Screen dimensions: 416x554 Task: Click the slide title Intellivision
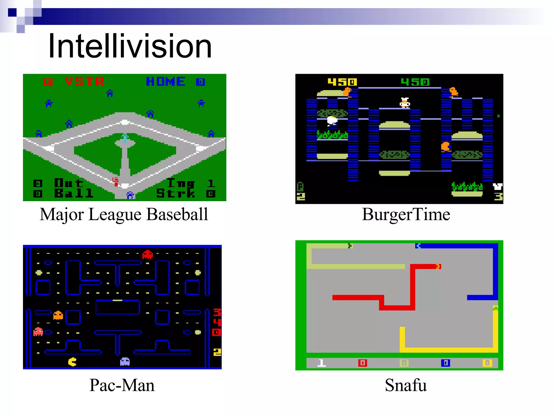tap(130, 46)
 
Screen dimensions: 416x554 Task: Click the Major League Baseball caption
tap(124, 214)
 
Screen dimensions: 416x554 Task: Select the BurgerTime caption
tap(406, 214)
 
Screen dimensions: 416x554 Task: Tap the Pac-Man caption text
tap(122, 385)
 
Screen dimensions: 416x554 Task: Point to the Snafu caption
tap(406, 385)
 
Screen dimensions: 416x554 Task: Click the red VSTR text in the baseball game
tap(84, 82)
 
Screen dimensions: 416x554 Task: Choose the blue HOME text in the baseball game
tap(166, 82)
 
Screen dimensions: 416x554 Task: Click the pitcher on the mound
tap(125, 138)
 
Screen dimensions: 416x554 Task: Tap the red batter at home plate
tap(116, 182)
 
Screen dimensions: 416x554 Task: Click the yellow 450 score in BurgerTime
tap(342, 82)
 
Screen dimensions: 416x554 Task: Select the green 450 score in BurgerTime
tap(415, 82)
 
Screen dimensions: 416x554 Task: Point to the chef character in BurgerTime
tap(405, 103)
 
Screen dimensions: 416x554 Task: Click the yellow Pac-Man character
tap(72, 362)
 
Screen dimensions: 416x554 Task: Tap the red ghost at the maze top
tap(147, 255)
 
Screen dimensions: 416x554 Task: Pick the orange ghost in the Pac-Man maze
tap(58, 315)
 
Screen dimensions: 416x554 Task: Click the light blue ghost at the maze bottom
tap(125, 362)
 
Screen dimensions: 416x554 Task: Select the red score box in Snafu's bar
tap(362, 363)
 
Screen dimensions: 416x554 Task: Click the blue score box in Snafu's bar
tap(446, 363)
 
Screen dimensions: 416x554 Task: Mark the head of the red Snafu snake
tap(438, 267)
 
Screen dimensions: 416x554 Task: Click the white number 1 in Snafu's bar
tap(321, 363)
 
